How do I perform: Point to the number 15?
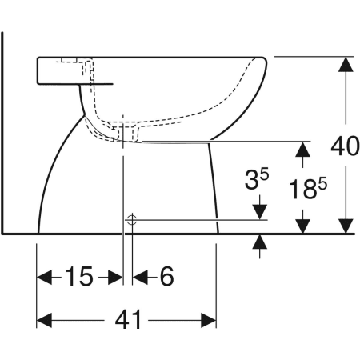(78, 277)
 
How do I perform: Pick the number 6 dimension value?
(166, 277)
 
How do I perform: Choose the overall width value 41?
(127, 321)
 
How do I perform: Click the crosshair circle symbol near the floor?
(133, 218)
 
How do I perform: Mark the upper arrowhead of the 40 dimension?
(345, 64)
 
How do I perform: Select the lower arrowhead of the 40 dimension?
(345, 226)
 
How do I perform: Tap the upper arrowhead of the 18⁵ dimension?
(302, 148)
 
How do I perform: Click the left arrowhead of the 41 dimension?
(45, 321)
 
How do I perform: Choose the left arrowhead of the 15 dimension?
(45, 277)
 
